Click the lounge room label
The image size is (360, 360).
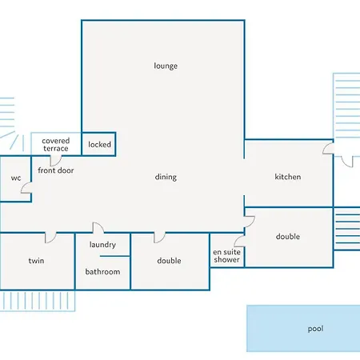coord(166,66)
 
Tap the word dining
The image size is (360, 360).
coord(166,177)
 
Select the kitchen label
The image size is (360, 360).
coord(288,177)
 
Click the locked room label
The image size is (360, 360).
coord(100,145)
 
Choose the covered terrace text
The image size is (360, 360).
coord(56,145)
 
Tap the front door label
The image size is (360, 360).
coord(55,170)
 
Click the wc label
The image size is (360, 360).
coord(15,178)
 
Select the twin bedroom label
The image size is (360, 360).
coord(36,261)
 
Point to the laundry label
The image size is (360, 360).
coord(102,245)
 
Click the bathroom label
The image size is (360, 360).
coord(102,272)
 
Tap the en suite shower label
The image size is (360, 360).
coord(226,256)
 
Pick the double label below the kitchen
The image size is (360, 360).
coord(288,237)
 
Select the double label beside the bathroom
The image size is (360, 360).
coord(169,261)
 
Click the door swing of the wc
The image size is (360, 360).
coord(27,189)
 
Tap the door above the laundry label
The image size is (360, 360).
coord(98,228)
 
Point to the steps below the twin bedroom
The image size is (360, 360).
coord(37,300)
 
